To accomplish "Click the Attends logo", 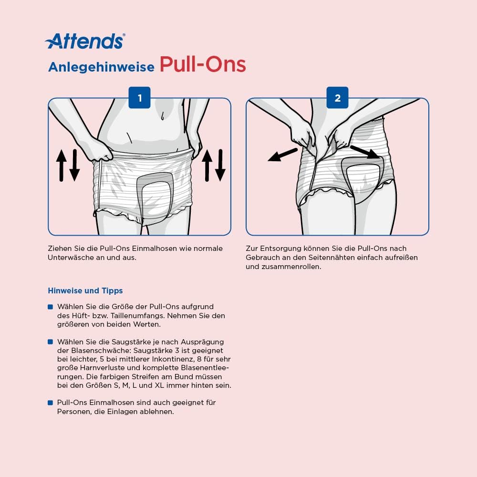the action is [x=85, y=41].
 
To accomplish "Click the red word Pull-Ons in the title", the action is [x=203, y=64].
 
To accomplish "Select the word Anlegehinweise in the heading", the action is [x=101, y=67].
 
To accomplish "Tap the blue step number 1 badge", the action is [x=140, y=98].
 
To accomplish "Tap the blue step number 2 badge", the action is [x=337, y=98].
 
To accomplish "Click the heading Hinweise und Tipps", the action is [x=85, y=291].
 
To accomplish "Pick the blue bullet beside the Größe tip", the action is [x=51, y=307].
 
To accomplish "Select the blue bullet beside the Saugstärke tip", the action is [x=51, y=342].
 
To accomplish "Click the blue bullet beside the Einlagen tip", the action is [x=51, y=403].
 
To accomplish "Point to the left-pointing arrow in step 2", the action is [x=282, y=155].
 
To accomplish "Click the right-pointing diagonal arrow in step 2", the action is [x=365, y=152].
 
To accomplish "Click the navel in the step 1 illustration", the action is [x=163, y=116].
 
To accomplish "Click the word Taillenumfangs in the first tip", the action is [x=138, y=316].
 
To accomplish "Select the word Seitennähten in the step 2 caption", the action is [x=332, y=258].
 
